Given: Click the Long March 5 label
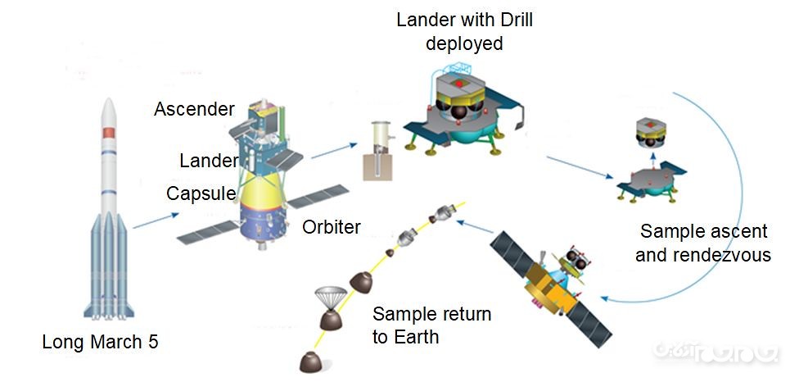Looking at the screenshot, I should (100, 342).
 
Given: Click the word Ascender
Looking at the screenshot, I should (194, 109).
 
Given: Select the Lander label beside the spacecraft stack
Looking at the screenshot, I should (209, 161).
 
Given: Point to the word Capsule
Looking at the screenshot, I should (201, 193).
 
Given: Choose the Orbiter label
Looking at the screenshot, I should (331, 227).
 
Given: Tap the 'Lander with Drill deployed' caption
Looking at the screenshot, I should (463, 31).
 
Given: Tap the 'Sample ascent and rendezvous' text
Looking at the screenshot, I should (702, 243).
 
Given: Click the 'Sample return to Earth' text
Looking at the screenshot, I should (431, 325).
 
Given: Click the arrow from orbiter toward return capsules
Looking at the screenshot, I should (478, 226).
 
